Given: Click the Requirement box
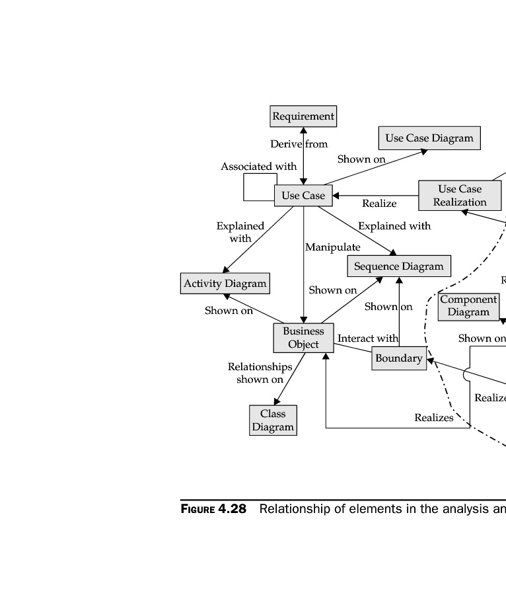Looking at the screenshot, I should click(303, 116).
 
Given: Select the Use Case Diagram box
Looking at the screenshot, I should click(429, 138).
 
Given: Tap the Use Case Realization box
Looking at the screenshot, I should click(460, 196).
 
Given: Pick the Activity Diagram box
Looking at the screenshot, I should click(225, 284).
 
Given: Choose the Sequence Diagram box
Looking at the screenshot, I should click(399, 266).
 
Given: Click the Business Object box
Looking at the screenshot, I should click(303, 338).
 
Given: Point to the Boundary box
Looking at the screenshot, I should click(399, 358).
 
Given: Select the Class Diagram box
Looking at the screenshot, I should click(273, 420).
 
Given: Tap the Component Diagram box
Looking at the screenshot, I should click(468, 306).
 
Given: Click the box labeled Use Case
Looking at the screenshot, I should click(303, 196).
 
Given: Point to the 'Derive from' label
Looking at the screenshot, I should click(299, 144).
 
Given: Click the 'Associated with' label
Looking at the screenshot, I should click(259, 167).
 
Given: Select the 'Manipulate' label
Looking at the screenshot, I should click(333, 247).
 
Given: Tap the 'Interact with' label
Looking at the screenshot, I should click(368, 338).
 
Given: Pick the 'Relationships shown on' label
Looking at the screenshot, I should click(260, 373).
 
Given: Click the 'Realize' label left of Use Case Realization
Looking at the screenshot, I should click(379, 204).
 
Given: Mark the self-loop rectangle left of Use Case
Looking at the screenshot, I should click(260, 187).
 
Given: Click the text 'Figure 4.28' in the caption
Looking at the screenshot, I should click(213, 509).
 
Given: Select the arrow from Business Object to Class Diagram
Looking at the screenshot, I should click(289, 379).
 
